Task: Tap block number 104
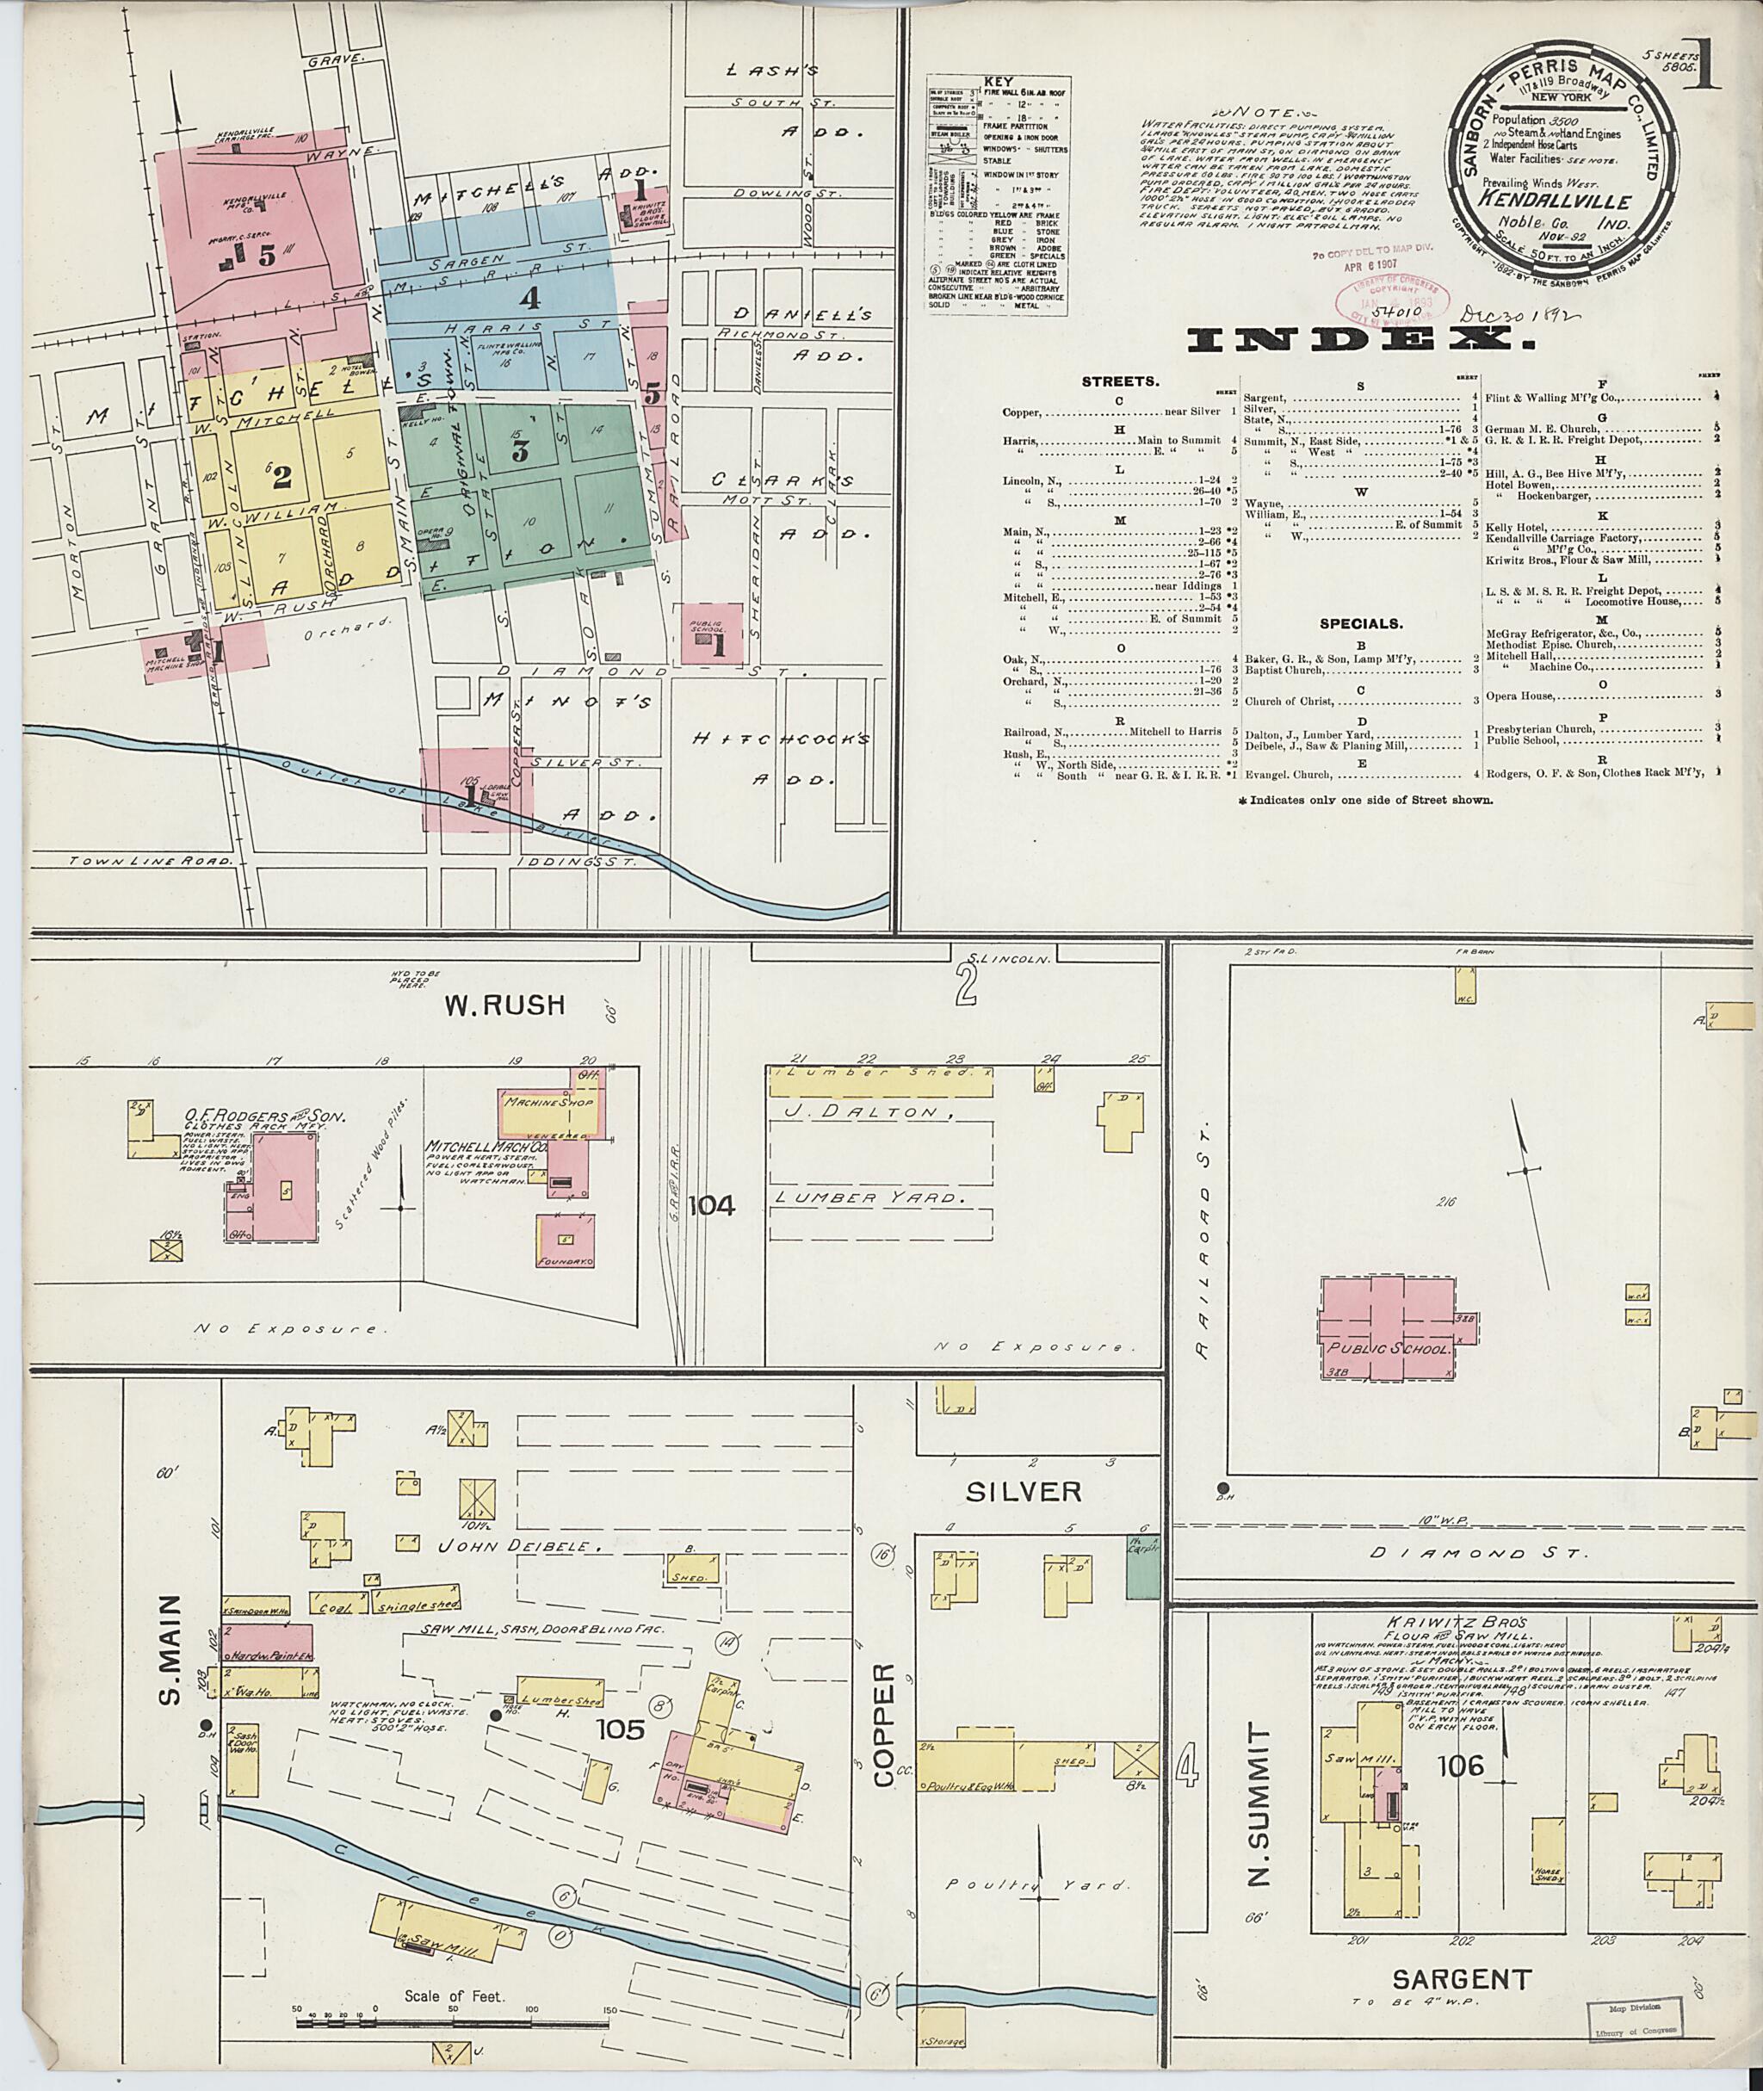coord(712,1206)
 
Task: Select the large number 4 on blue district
coord(529,297)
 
